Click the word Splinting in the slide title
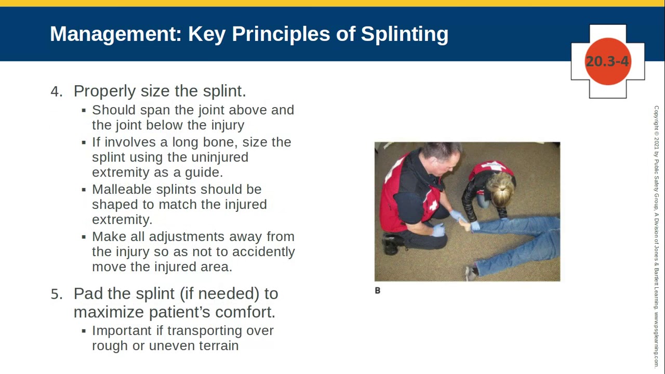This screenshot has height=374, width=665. (404, 34)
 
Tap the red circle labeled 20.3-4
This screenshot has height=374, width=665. (607, 61)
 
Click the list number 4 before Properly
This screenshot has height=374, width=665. (56, 91)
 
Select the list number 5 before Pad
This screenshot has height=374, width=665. (56, 294)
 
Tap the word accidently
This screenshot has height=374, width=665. (263, 252)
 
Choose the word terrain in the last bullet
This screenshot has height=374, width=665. (219, 346)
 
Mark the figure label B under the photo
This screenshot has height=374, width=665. (378, 291)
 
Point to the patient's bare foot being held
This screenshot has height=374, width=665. (464, 225)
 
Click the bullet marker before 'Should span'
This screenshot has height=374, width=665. (84, 111)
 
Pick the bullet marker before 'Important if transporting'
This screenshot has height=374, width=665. (84, 331)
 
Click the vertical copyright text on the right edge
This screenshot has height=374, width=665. (656, 229)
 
